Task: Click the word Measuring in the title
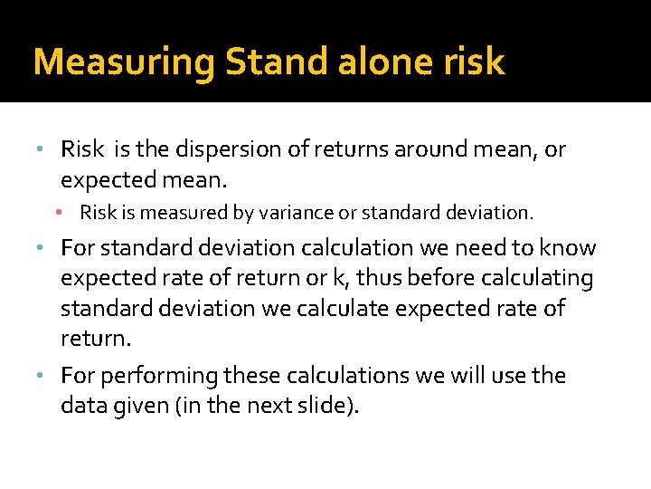point(124,62)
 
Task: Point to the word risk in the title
point(474,62)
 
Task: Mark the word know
point(568,248)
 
